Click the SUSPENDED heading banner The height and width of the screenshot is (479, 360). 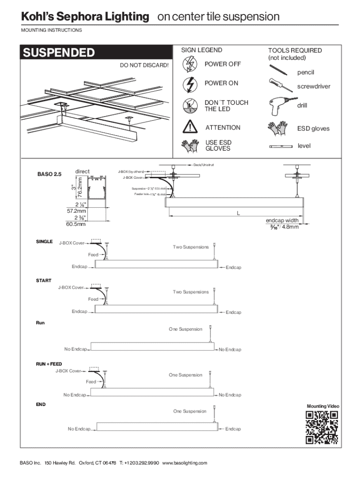(94, 53)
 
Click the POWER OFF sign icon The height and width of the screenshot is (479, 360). (191, 64)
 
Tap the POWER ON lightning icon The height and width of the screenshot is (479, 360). (191, 84)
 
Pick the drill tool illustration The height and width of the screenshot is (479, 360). (279, 106)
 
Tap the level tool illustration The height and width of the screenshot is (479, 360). (281, 146)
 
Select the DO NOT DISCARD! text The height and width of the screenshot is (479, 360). (144, 65)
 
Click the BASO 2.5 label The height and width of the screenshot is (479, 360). (49, 174)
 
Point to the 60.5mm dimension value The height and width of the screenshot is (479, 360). (76, 224)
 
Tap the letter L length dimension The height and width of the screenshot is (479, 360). (238, 213)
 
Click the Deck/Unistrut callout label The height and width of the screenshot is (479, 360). (203, 165)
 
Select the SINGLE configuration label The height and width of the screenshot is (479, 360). (44, 242)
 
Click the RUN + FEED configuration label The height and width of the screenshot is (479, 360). (49, 363)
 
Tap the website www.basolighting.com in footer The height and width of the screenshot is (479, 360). (184, 463)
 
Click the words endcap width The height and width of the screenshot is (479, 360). (282, 220)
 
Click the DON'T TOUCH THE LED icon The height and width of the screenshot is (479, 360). (191, 106)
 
